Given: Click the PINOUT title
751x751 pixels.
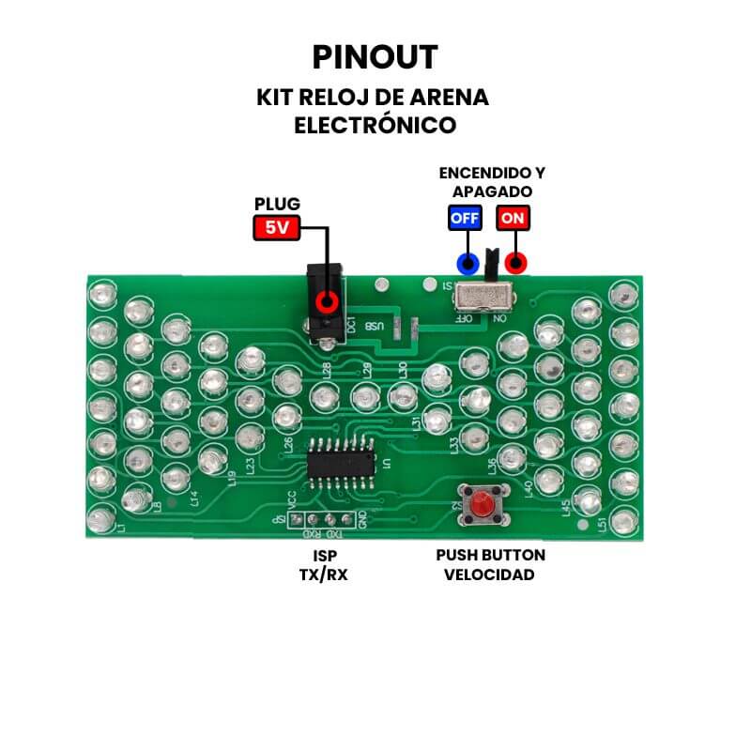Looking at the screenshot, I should (375, 57).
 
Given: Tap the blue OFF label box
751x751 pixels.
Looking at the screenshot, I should (465, 218).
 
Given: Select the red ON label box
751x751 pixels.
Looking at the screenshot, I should (513, 218).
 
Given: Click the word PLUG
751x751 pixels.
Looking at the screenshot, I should (278, 204).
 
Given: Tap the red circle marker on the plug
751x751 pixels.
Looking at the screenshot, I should (327, 302).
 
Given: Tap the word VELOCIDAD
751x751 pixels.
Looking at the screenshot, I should (489, 574).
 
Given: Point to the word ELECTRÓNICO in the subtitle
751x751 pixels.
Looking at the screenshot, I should (375, 125).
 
